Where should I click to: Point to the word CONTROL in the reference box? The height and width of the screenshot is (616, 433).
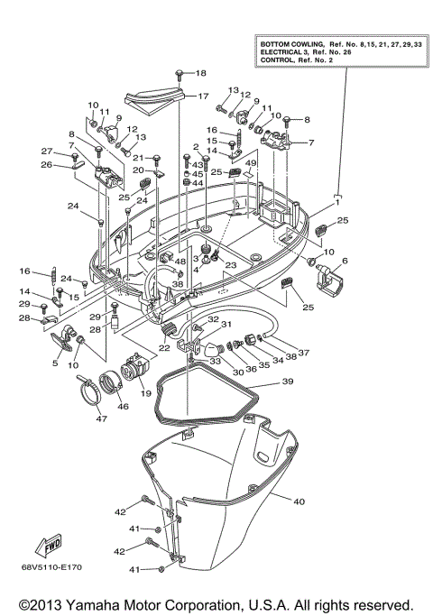279,60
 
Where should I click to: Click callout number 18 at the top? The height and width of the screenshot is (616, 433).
200,73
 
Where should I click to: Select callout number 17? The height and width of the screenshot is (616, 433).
202,96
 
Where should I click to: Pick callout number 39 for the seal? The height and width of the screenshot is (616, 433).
288,382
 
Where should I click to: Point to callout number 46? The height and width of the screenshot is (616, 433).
123,406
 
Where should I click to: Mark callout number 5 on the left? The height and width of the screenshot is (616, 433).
55,363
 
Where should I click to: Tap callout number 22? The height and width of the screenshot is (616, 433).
165,348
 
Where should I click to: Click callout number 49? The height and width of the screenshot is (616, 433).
252,163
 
